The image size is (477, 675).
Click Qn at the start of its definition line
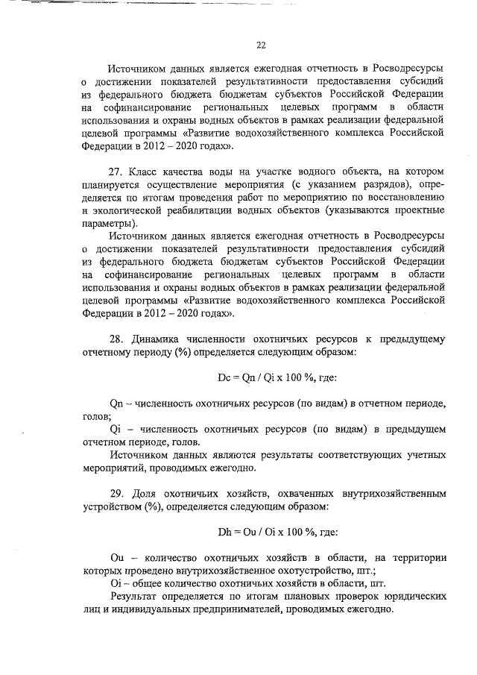coord(116,403)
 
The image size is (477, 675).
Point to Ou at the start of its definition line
coord(116,557)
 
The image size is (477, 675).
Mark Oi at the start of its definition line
coord(115,583)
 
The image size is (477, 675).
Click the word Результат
coord(134,597)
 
